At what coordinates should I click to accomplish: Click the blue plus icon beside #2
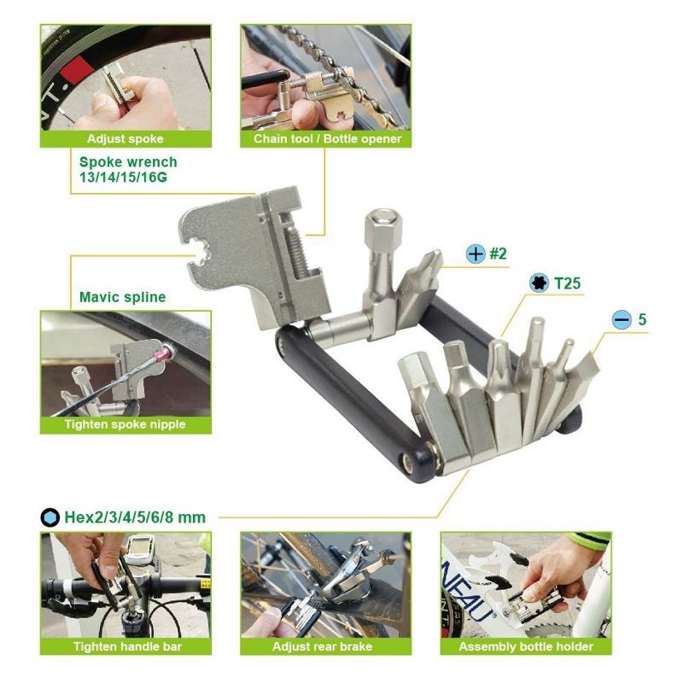(x=476, y=254)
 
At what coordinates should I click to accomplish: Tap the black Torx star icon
(x=539, y=283)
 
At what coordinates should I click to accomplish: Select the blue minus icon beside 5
(x=622, y=319)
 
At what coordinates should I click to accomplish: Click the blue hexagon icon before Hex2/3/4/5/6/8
(x=50, y=517)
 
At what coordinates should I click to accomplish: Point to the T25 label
(x=568, y=283)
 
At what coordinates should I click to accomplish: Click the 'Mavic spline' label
(x=123, y=297)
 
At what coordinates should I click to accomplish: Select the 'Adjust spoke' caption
(x=126, y=139)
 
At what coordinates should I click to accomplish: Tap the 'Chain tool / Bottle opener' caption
(x=327, y=139)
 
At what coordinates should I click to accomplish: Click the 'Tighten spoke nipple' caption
(x=126, y=424)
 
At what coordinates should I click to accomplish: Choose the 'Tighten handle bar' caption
(x=127, y=646)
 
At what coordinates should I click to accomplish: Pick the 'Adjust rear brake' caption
(x=323, y=646)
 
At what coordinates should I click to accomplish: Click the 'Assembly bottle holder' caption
(x=526, y=646)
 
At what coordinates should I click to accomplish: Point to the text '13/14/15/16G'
(x=123, y=178)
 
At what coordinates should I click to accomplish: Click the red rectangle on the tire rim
(x=77, y=70)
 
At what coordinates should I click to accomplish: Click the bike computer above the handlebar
(x=141, y=550)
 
